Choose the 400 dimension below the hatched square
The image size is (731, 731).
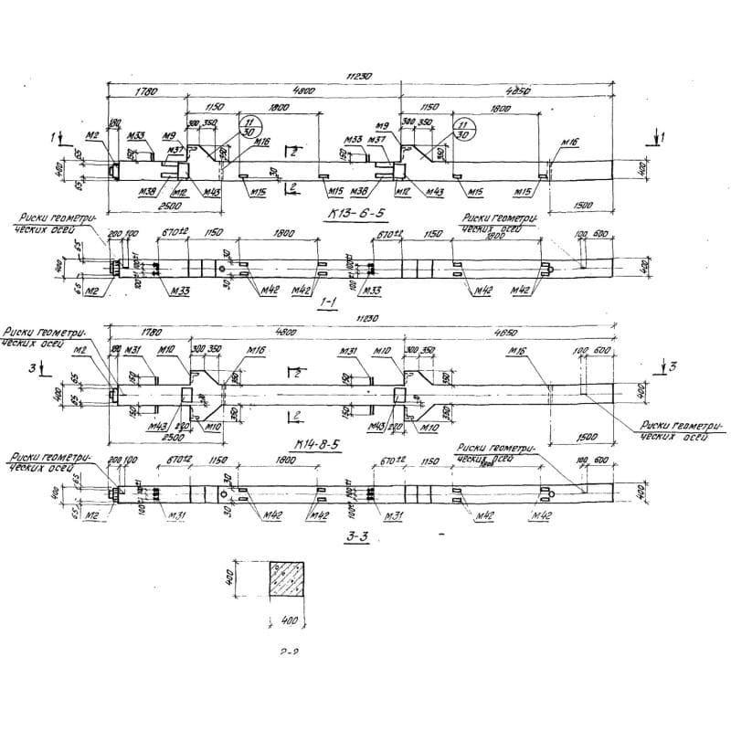(x=291, y=622)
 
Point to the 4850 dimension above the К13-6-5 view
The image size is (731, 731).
(x=517, y=91)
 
